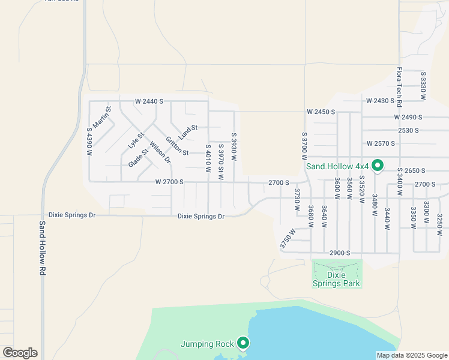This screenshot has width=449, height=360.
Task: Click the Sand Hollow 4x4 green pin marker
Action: pyautogui.click(x=378, y=165)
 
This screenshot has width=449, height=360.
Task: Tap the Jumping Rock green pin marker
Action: pyautogui.click(x=243, y=343)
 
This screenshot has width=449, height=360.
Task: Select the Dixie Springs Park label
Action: pyautogui.click(x=337, y=279)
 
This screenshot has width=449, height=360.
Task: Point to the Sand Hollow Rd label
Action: pyautogui.click(x=43, y=248)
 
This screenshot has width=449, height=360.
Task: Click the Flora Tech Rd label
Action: pyautogui.click(x=399, y=83)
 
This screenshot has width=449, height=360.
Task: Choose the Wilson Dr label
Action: pyautogui.click(x=160, y=152)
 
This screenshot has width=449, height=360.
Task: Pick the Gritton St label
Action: pyautogui.click(x=178, y=144)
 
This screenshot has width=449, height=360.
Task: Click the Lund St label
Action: pyautogui.click(x=188, y=131)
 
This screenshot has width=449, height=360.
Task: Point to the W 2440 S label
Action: pyautogui.click(x=149, y=101)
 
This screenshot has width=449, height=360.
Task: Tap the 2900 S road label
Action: pyautogui.click(x=339, y=253)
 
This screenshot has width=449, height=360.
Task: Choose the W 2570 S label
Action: pyautogui.click(x=381, y=143)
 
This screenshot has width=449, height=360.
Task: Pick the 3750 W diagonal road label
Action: pyautogui.click(x=288, y=239)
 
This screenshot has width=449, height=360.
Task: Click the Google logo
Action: pyautogui.click(x=20, y=353)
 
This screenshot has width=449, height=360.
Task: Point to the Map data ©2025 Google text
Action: pyautogui.click(x=411, y=355)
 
